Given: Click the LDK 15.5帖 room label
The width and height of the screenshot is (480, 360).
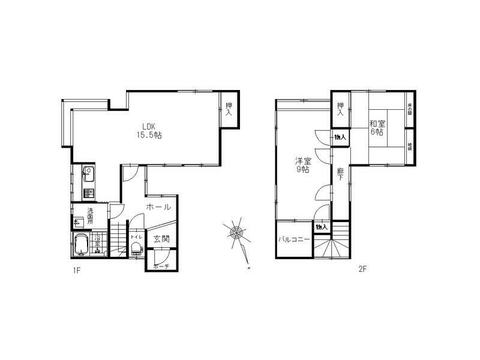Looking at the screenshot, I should coord(149,131).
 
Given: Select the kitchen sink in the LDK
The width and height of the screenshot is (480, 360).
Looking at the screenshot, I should coord(88,176).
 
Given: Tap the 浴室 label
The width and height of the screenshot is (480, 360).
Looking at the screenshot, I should coord(97,243).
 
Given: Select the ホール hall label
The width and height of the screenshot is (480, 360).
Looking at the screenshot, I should coord(159,207).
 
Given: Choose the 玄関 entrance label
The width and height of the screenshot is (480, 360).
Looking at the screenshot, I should coord(161,239).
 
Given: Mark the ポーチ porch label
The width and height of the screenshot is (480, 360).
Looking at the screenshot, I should coord(161,266).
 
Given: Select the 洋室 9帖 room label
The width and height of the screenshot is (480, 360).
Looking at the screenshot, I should coord(301,165).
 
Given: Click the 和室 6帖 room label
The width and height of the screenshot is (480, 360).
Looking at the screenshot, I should coord(377,127).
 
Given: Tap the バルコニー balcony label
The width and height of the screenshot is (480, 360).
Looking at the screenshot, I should coord(294,239).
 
